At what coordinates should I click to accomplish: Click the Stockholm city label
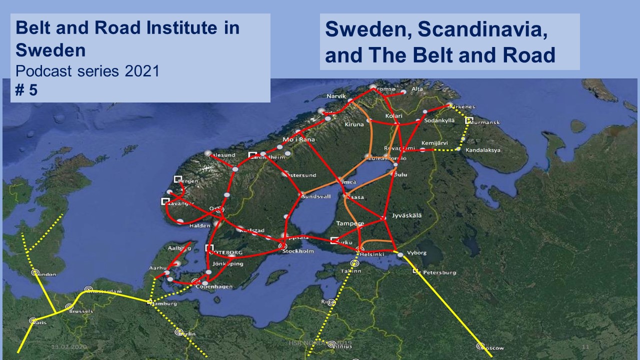tap(298, 251)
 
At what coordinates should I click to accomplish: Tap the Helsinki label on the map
tap(370, 254)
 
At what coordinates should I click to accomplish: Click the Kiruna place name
tap(354, 124)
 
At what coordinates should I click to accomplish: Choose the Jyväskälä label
tap(407, 215)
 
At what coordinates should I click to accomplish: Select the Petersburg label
tap(439, 272)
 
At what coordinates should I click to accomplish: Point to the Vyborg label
tap(417, 253)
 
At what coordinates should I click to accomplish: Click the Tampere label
tap(350, 223)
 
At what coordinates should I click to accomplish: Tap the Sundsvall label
tap(315, 196)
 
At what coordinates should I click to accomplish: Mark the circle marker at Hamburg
tap(150, 301)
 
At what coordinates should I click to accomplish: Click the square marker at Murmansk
tap(468, 120)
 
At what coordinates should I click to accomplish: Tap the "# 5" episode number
tap(26, 90)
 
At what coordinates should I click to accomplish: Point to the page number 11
tap(585, 346)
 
